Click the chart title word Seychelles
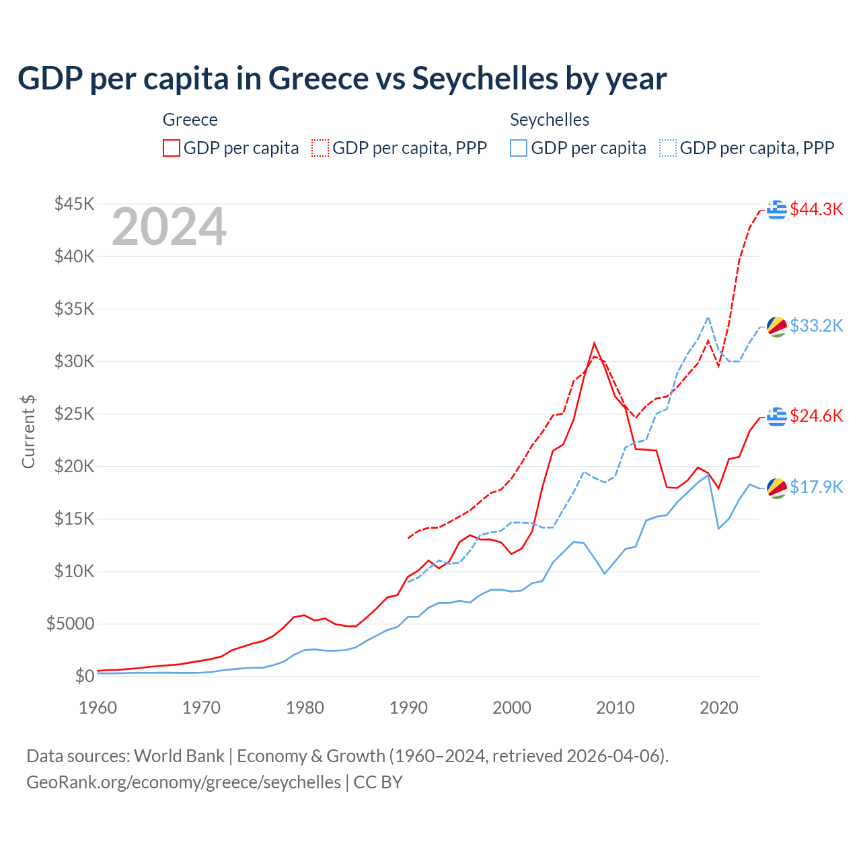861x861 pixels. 484,79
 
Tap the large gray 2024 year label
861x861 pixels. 169,227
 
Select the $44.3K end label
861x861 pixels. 816,209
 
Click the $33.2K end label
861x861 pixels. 816,326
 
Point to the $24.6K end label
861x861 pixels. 816,416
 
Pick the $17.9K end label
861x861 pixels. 816,487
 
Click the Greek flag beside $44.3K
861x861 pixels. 777,210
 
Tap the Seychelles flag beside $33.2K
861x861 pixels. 777,326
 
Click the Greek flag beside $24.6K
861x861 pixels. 777,416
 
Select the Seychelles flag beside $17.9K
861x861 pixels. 777,488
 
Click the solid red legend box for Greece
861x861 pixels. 172,148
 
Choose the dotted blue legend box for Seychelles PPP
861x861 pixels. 668,148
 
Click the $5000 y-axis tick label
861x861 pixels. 70,624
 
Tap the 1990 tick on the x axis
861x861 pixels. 408,708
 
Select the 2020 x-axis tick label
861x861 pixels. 719,708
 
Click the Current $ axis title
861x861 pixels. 28,432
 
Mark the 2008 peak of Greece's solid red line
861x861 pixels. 594,344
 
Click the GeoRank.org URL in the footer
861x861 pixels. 184,782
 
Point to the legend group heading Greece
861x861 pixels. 190,120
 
